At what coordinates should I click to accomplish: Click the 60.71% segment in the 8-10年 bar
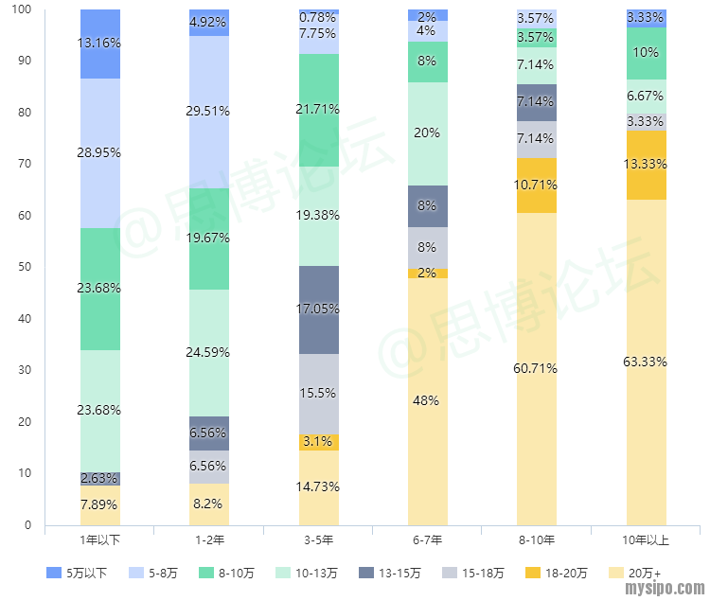pyautogui.click(x=537, y=368)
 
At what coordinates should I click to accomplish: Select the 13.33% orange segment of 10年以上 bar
pyautogui.click(x=647, y=165)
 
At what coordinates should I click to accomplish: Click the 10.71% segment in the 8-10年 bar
pyautogui.click(x=537, y=186)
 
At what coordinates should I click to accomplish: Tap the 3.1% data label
pyautogui.click(x=319, y=442)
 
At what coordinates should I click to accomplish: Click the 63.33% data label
pyautogui.click(x=647, y=362)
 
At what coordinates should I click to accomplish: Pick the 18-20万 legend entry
pyautogui.click(x=557, y=573)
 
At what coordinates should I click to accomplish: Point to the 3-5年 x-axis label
pyautogui.click(x=319, y=540)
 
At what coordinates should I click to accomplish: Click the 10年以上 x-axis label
pyautogui.click(x=647, y=540)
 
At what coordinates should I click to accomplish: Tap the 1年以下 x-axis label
pyautogui.click(x=100, y=540)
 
